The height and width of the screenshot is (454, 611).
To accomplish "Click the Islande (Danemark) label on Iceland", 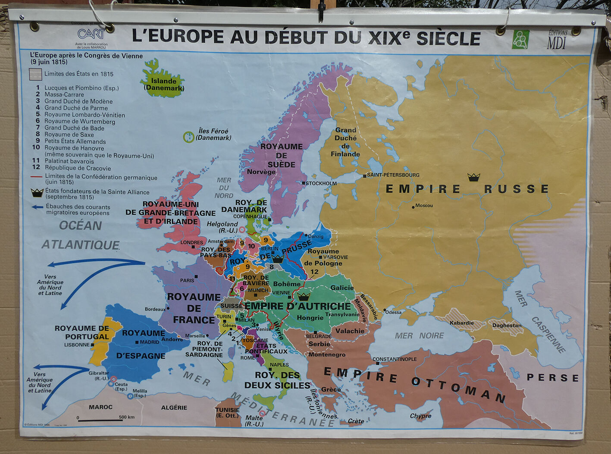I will click(x=164, y=84).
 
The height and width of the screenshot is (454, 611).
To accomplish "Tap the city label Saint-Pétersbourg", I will click(x=393, y=175).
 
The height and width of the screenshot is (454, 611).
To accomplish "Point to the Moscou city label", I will click(x=424, y=206).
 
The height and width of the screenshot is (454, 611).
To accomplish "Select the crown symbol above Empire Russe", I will click(x=473, y=177).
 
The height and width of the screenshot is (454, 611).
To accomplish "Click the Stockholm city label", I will click(x=321, y=183).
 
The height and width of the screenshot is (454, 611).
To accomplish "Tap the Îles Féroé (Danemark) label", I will click(x=213, y=134).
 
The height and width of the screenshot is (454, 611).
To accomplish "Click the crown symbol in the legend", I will click(x=37, y=193).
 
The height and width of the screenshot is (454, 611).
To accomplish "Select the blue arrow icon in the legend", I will click(x=38, y=207).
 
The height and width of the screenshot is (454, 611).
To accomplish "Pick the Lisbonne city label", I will click(x=77, y=345).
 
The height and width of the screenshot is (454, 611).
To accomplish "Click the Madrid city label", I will click(x=149, y=342).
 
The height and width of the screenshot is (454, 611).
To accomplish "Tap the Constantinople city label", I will click(x=395, y=359).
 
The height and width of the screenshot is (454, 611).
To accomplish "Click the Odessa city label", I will click(x=393, y=312).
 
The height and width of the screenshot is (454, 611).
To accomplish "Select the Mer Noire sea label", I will click(x=419, y=335).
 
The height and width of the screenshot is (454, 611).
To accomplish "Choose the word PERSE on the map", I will click(x=552, y=378).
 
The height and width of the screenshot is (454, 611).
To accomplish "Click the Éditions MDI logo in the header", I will click(x=557, y=40).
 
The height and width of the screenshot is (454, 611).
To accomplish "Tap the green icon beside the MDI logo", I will click(x=520, y=39).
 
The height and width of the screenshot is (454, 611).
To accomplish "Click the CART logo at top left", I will click(x=91, y=34).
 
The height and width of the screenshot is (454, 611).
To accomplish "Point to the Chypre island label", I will click(x=420, y=416).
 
